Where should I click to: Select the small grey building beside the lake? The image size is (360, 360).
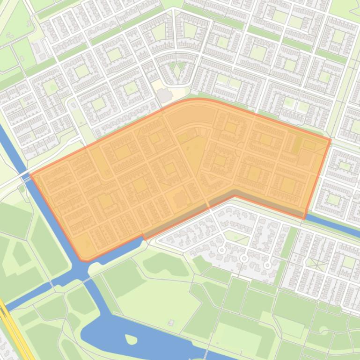[171, 323]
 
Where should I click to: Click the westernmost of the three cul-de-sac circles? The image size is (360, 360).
[221, 251]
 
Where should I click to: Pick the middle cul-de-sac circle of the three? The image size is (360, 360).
[243, 258]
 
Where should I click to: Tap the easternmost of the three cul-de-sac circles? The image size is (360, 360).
[267, 265]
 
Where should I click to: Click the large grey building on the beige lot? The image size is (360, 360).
[165, 95]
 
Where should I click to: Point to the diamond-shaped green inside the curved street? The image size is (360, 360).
[177, 71]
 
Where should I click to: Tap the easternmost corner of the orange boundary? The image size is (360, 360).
[330, 139]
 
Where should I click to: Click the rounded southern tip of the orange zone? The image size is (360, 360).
[83, 259]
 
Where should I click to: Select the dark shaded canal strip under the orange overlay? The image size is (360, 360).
[187, 216]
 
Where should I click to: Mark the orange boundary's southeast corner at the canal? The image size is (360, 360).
[305, 218]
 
